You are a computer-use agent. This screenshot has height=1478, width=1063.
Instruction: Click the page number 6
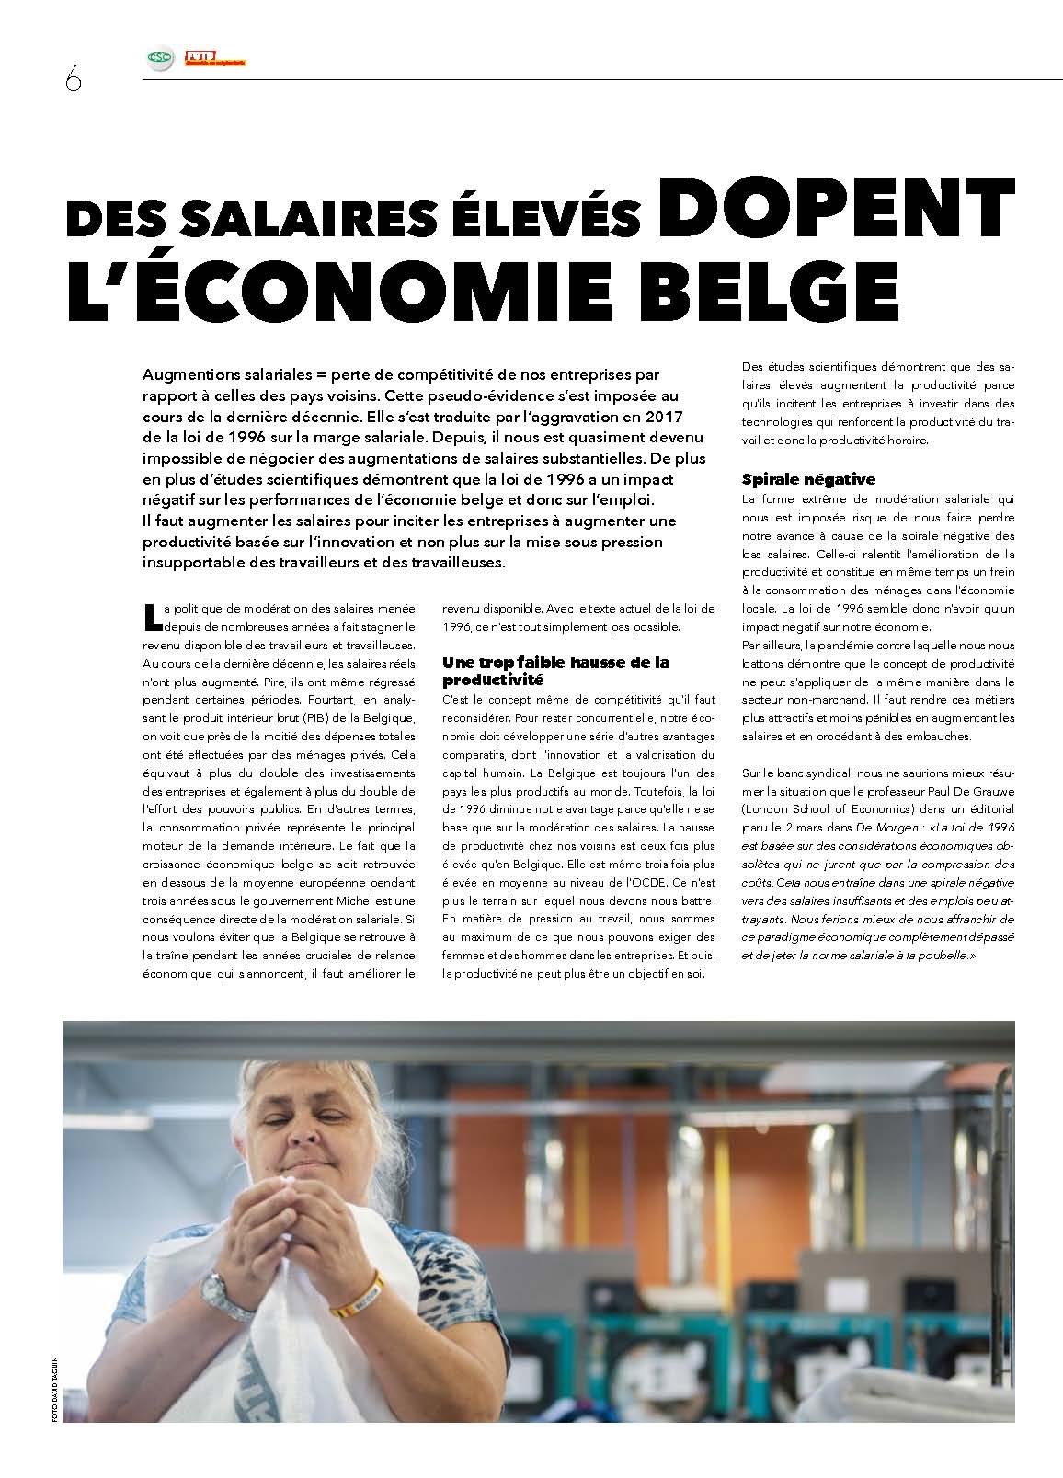click(x=73, y=80)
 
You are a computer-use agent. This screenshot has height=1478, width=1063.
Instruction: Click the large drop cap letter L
click(x=152, y=615)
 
